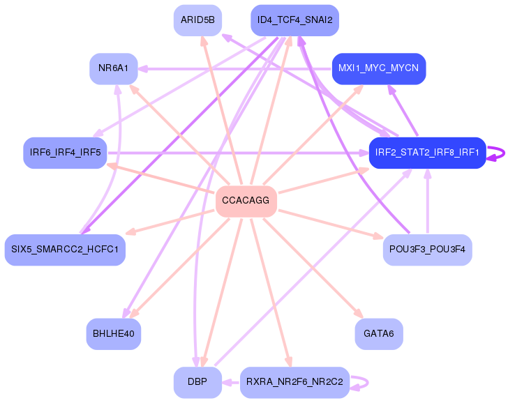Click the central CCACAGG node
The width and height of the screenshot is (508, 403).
[246, 201]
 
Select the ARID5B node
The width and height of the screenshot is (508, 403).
[197, 20]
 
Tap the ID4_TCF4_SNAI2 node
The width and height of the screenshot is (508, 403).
[294, 20]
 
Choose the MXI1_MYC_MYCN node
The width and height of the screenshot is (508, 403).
[378, 68]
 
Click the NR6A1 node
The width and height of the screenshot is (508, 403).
[113, 68]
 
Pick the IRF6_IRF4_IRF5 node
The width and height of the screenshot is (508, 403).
[65, 152]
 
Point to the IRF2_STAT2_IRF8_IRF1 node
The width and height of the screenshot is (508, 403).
[427, 152]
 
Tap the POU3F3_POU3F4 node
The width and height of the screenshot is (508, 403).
[427, 249]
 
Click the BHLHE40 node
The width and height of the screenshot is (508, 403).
[113, 333]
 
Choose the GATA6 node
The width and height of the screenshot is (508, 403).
[378, 333]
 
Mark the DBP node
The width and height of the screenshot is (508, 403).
[197, 382]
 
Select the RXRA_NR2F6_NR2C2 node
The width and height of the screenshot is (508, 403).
[294, 382]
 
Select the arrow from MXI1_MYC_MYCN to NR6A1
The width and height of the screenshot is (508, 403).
[237, 68]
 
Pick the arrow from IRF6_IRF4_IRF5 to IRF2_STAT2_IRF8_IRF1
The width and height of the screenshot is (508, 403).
[237, 152]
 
